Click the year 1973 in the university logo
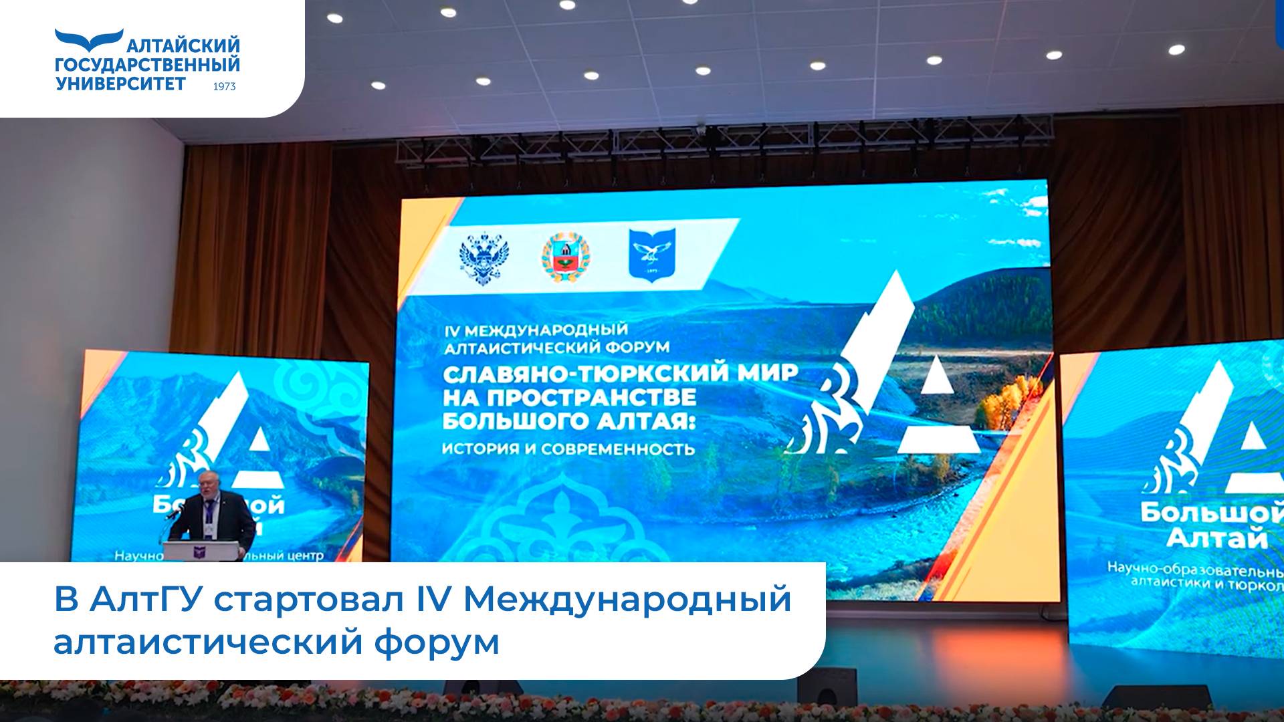224,86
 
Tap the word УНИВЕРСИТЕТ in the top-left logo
121,84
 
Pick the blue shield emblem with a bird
651,255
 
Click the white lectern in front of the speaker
203,551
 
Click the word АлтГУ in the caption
146,599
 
